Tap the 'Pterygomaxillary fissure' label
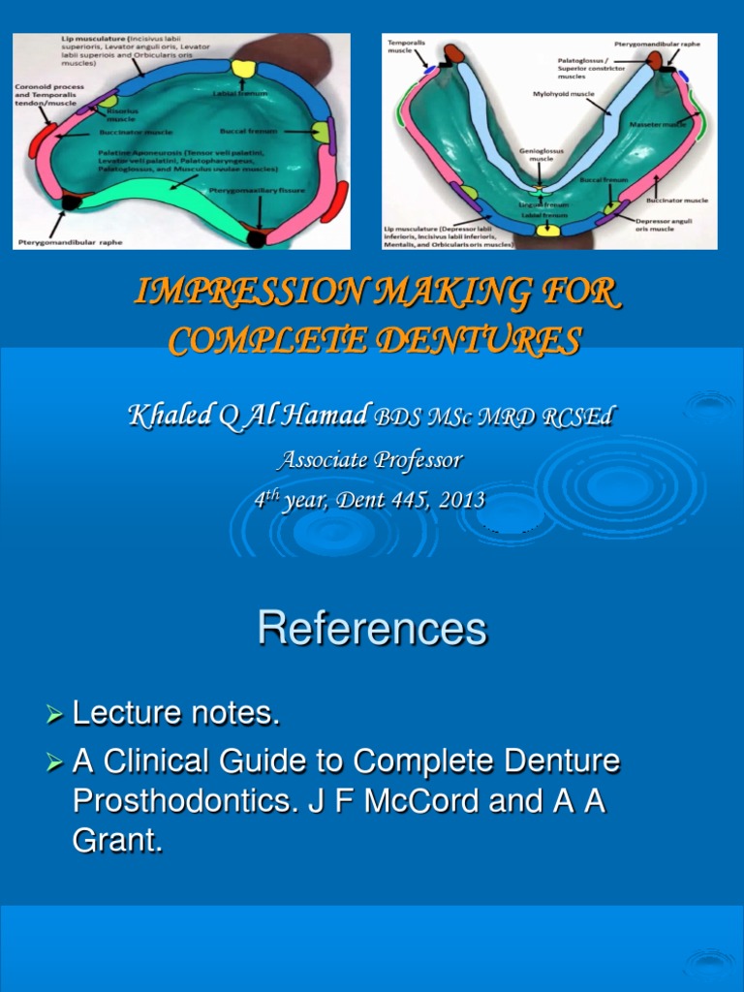[x=258, y=191]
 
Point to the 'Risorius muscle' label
[x=120, y=114]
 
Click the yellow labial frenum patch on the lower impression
[x=548, y=231]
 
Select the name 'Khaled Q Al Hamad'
[x=247, y=417]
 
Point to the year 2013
[x=462, y=500]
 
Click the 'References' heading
[x=372, y=630]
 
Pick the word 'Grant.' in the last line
[x=117, y=842]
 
